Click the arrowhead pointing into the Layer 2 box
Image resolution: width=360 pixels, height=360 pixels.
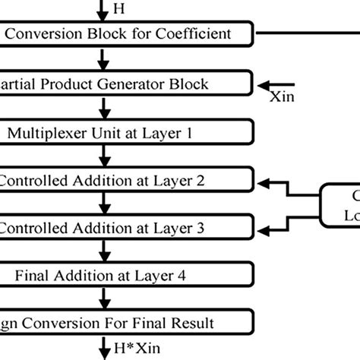261,182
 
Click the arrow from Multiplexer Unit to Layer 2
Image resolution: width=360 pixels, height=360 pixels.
100,156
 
